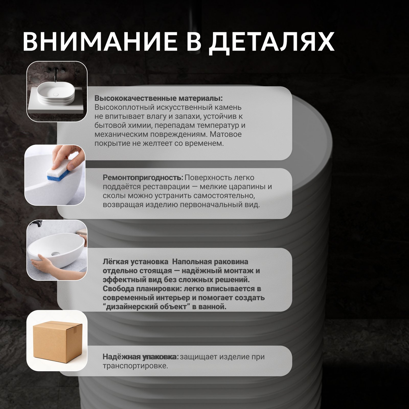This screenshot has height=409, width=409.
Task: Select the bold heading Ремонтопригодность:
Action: point(143,178)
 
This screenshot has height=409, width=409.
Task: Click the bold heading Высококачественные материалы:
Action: point(158,98)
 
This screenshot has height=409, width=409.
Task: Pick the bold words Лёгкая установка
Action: point(135,262)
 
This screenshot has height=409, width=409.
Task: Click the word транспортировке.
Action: point(135,366)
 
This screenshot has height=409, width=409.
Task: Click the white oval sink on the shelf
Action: point(55,94)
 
